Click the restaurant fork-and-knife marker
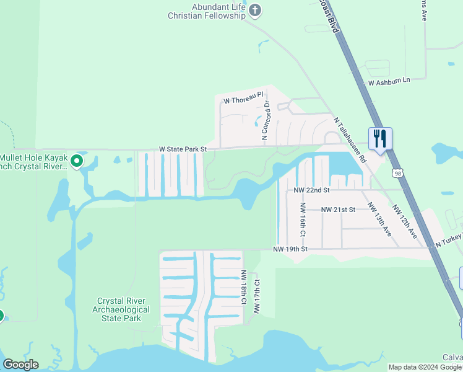tap(379, 138)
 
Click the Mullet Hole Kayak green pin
tap(77, 161)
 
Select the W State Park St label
tap(183, 149)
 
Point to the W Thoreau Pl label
tap(243, 100)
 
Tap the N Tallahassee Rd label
tap(350, 141)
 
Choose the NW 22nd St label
tap(312, 190)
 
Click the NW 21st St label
tap(338, 210)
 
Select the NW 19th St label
tap(290, 249)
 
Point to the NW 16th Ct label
tap(303, 220)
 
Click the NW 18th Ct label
tap(244, 288)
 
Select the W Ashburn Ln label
tap(389, 81)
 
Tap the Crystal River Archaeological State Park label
tap(121, 309)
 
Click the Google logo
tap(20, 365)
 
